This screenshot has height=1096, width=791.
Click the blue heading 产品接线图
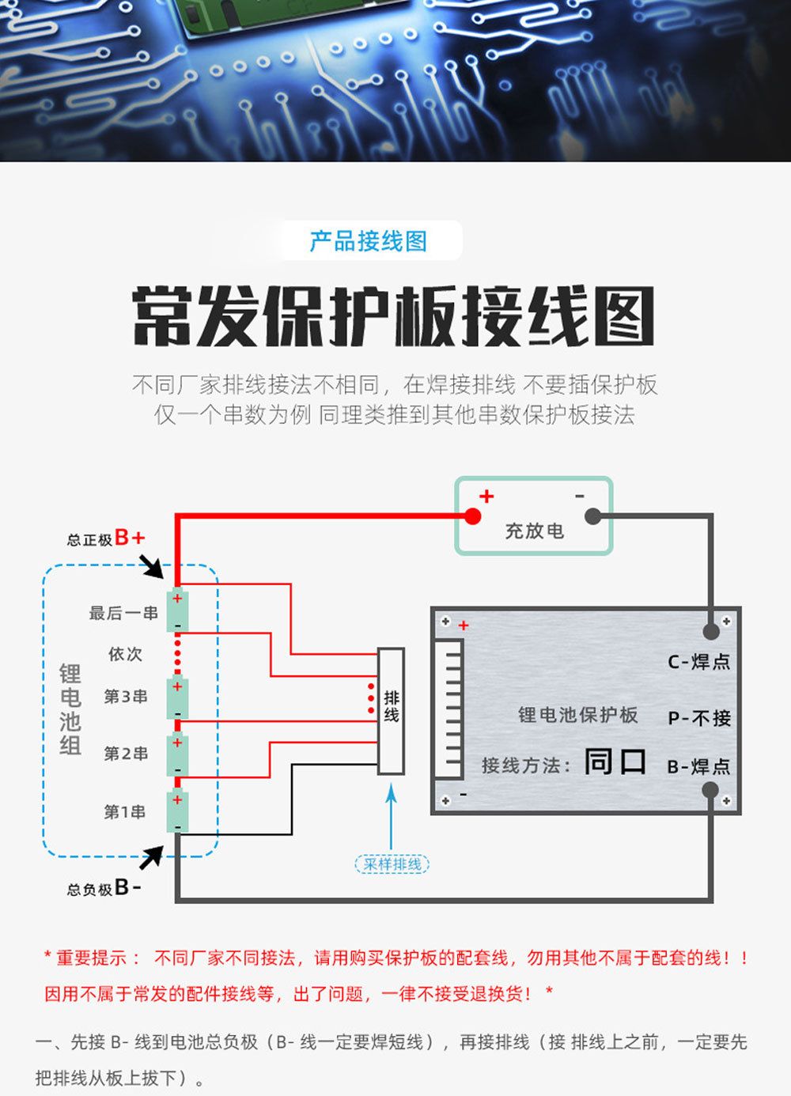point(368,241)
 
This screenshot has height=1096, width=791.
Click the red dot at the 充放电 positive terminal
point(473,516)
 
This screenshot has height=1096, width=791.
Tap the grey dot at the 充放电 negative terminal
point(592,516)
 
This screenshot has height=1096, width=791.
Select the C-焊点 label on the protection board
point(698,662)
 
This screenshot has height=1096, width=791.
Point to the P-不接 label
point(699,718)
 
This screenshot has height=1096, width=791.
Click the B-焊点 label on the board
point(698,766)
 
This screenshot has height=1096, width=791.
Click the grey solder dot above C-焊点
point(711,631)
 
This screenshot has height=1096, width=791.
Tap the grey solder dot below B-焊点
point(710,789)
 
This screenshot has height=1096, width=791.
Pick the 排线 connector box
point(391,710)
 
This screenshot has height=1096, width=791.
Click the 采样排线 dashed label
point(392,864)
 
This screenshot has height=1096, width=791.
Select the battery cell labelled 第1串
point(177,811)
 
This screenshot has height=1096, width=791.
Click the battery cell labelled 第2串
point(177,754)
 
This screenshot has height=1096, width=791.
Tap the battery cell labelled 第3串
point(177,697)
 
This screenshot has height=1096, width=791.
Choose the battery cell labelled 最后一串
point(177,611)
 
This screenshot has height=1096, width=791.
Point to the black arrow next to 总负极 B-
point(151,856)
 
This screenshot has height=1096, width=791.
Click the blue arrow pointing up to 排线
point(391,814)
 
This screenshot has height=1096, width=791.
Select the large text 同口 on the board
point(615,762)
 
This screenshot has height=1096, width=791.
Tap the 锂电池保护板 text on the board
point(577,715)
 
